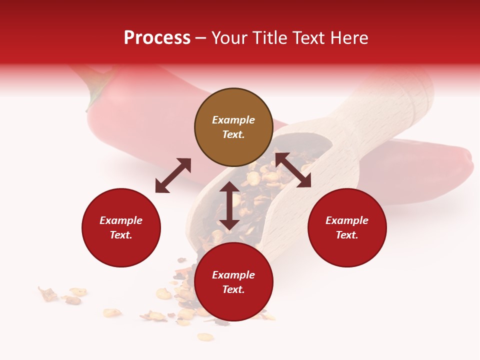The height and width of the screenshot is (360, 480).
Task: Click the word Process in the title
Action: point(157,38)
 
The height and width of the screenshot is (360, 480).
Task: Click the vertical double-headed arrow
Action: point(229,205)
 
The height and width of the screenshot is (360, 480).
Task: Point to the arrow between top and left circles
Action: point(173,175)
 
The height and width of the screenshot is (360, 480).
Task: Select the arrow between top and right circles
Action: point(293,170)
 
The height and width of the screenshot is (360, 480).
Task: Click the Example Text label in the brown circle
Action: point(233,127)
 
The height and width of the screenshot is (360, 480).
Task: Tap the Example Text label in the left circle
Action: point(121,227)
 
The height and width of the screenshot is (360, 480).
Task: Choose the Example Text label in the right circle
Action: point(347,227)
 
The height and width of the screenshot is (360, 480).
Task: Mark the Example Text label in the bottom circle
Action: point(233,282)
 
